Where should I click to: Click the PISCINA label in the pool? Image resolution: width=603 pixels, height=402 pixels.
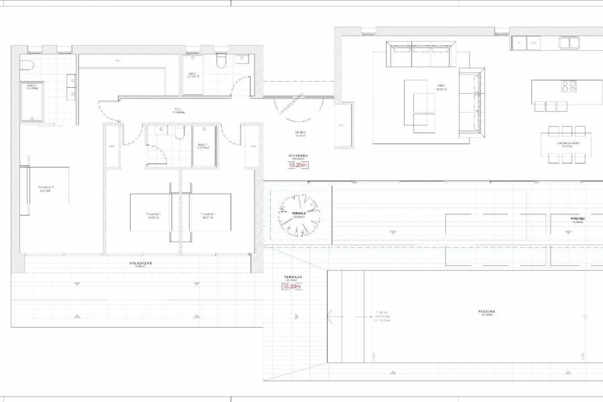click(486, 312)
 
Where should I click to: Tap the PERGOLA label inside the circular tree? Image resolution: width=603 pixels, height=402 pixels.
click(299, 214)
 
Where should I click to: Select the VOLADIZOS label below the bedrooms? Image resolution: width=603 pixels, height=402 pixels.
click(141, 263)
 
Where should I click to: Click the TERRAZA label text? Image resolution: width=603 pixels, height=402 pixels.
click(293, 276)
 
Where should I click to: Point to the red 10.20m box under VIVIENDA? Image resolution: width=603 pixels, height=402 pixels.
click(298, 164)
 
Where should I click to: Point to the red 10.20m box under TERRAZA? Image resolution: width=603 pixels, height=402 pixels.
click(292, 287)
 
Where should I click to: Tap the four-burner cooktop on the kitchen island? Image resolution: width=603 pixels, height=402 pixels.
click(568, 86)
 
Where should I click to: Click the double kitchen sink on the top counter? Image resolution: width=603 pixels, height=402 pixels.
click(570, 44)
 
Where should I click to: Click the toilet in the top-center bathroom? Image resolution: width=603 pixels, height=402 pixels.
click(220, 62)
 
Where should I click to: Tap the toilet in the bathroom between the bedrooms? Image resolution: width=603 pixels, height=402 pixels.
click(178, 134)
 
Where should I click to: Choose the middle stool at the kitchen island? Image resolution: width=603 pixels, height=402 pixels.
click(551, 106)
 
